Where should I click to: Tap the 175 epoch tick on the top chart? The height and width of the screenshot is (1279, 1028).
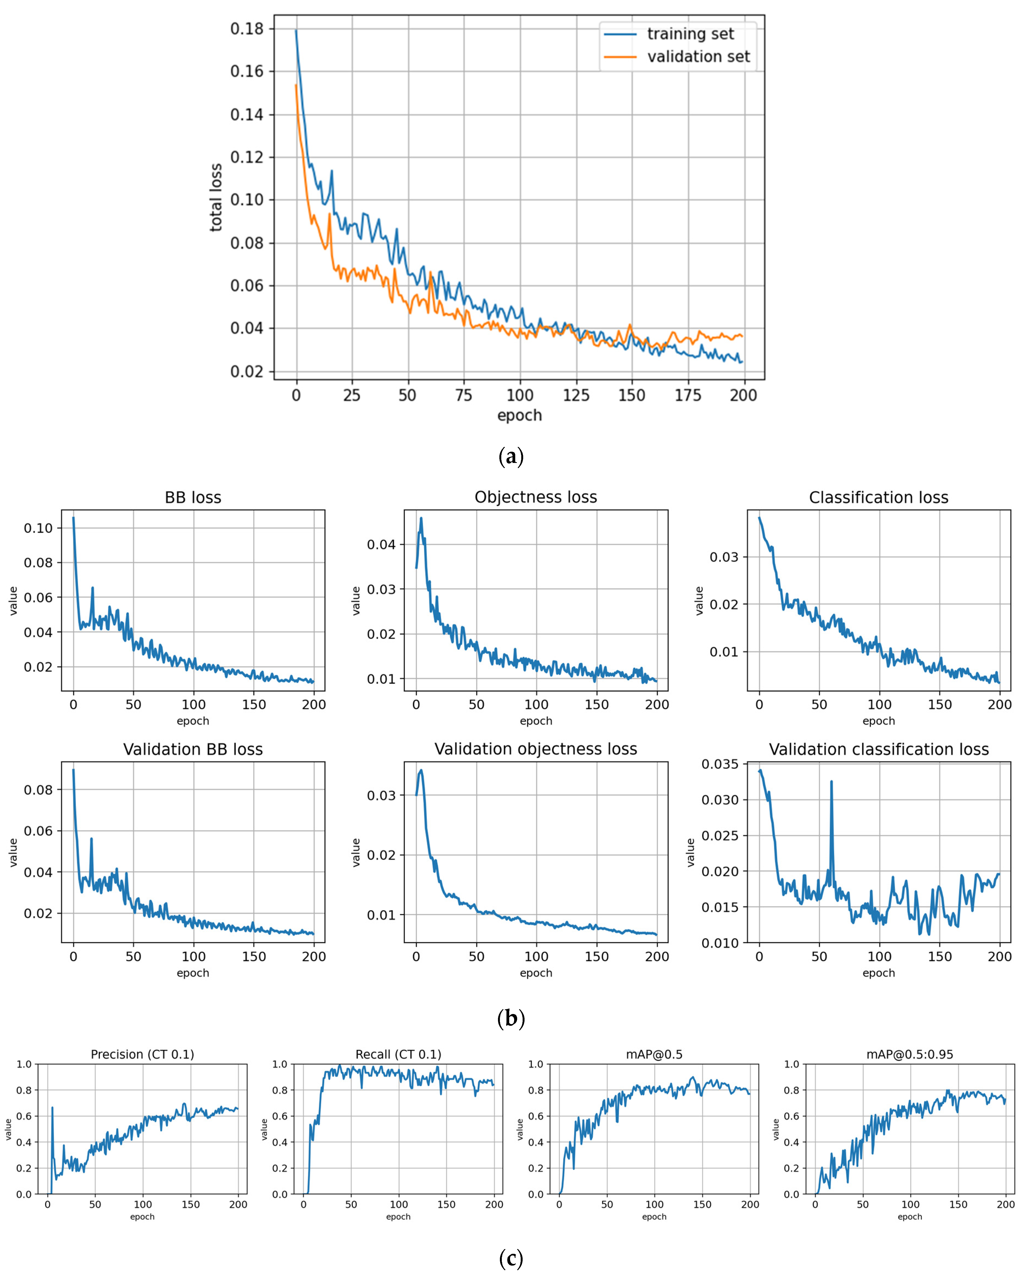pyautogui.click(x=687, y=395)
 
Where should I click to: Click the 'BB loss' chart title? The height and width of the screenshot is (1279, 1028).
pyautogui.click(x=193, y=497)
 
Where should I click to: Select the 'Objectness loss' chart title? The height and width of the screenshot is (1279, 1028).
pyautogui.click(x=536, y=497)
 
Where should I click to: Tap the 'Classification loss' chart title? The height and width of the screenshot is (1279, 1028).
pyautogui.click(x=879, y=497)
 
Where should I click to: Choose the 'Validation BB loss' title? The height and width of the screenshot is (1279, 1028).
pyautogui.click(x=193, y=749)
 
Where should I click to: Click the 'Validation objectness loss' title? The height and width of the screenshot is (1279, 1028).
pyautogui.click(x=536, y=749)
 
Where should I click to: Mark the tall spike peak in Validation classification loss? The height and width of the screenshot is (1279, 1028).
pyautogui.click(x=831, y=782)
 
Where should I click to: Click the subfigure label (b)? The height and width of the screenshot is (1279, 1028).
pyautogui.click(x=511, y=1019)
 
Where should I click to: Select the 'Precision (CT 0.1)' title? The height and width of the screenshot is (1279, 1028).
pyautogui.click(x=142, y=1054)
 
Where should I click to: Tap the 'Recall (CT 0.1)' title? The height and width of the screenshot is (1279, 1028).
pyautogui.click(x=398, y=1054)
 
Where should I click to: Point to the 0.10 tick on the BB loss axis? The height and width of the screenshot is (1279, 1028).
pyautogui.click(x=38, y=528)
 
